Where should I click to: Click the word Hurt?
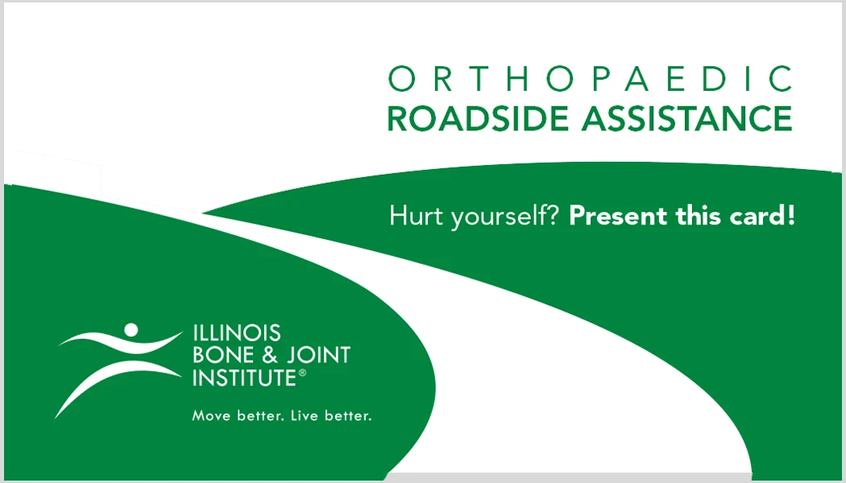coord(413,216)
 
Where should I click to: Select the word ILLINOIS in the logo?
coord(236,333)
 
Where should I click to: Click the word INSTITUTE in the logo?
coord(244,377)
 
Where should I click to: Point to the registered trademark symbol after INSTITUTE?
coord(303,373)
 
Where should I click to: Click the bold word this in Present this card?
coord(698,216)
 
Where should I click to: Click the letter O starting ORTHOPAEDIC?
coord(400,80)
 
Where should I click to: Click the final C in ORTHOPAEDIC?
coord(779,80)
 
